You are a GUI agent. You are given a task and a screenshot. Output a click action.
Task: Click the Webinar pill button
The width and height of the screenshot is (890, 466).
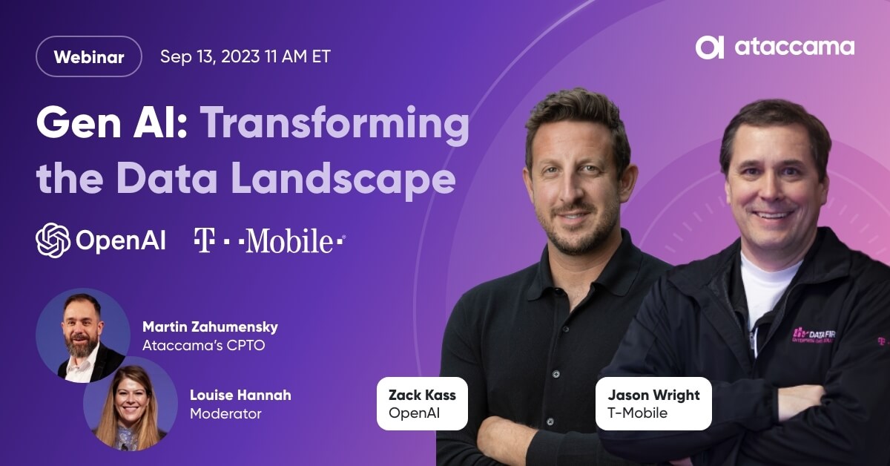(x=88, y=56)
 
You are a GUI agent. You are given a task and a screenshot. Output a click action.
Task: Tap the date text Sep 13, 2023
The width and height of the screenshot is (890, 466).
(x=210, y=56)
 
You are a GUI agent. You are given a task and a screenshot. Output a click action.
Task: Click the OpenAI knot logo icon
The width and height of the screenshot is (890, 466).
(x=53, y=240)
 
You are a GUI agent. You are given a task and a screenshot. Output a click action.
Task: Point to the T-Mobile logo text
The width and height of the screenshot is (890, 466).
(x=270, y=240)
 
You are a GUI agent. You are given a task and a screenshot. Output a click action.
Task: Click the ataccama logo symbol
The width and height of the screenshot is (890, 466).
(x=710, y=47)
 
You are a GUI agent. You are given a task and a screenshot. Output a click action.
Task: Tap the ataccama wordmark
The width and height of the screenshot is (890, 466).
(x=794, y=47)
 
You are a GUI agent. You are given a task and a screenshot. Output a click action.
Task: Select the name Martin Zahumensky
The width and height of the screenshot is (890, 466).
(x=210, y=326)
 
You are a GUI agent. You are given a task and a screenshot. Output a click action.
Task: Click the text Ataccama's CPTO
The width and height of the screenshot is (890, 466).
(x=203, y=345)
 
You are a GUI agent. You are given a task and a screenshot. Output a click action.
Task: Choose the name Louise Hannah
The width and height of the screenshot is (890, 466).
(x=240, y=396)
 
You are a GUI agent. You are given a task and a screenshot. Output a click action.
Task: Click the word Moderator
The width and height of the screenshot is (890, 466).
(x=225, y=413)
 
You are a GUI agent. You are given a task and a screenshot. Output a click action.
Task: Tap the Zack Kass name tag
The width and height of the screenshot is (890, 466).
(x=422, y=404)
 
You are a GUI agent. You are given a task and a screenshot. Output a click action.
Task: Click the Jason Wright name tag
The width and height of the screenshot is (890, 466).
(x=653, y=404)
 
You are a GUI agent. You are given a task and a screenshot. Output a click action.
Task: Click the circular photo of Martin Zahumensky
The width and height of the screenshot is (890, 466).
(x=83, y=335)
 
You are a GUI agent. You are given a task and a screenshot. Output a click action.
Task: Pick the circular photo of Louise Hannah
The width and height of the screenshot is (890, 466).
(x=131, y=404)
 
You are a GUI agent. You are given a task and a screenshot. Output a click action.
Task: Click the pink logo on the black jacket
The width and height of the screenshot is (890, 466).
(x=814, y=336)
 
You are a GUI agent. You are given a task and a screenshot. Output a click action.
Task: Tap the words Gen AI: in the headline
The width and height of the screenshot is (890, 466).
(x=112, y=123)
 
